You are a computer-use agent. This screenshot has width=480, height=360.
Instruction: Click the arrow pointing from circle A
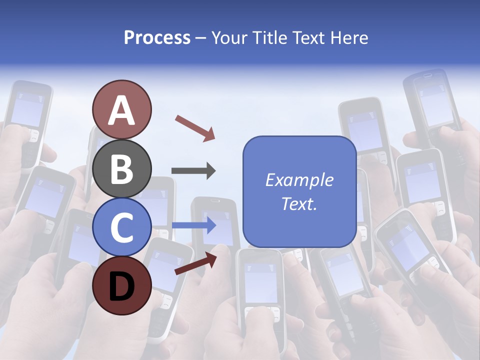(x=195, y=127)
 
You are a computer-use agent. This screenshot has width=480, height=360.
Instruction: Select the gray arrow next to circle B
(x=193, y=171)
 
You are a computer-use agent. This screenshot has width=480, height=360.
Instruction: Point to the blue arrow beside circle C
(x=193, y=225)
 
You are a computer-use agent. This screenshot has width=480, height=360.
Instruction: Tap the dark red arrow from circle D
(x=195, y=263)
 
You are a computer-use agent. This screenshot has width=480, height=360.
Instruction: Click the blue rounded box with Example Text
(x=299, y=191)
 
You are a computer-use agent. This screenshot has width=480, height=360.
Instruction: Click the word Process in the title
(x=157, y=37)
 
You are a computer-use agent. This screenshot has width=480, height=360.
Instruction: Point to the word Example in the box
(x=299, y=180)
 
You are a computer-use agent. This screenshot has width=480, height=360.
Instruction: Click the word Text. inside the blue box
(x=299, y=203)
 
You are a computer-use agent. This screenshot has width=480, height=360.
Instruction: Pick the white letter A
(x=121, y=110)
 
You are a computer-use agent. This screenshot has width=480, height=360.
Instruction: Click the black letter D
(x=121, y=285)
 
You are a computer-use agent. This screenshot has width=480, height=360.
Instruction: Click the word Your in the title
(x=229, y=37)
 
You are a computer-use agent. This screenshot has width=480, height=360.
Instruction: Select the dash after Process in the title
(x=201, y=38)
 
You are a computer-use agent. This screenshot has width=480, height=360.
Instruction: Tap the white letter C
(x=121, y=227)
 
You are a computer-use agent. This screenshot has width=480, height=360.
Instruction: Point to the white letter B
(x=121, y=169)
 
